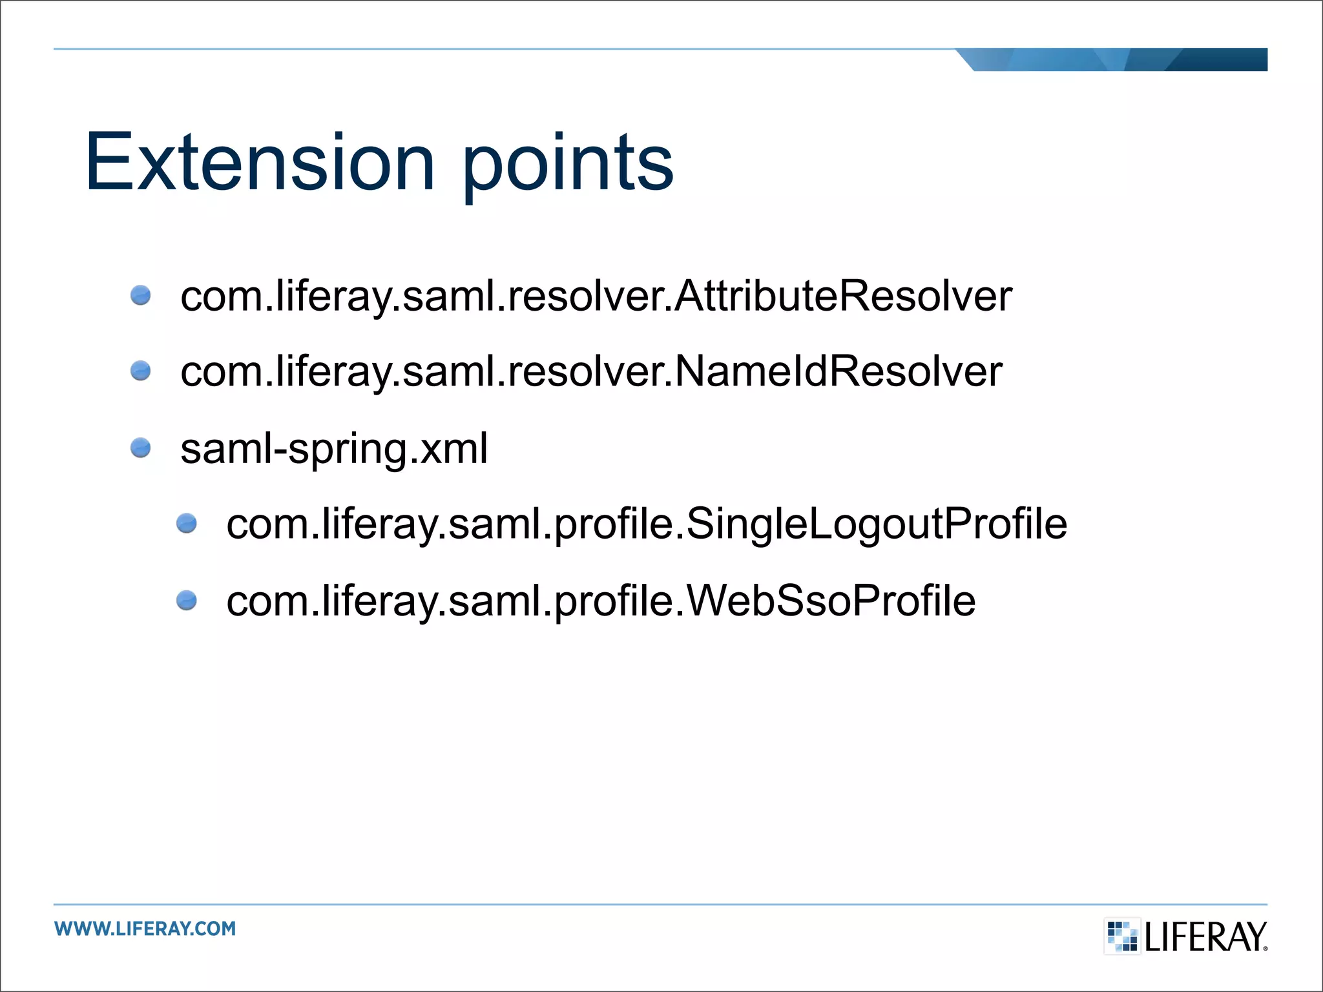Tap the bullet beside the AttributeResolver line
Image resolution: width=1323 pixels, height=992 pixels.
[x=140, y=296]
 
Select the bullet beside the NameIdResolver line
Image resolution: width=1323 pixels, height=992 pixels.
[x=140, y=371]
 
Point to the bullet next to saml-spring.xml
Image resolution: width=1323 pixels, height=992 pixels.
[x=140, y=448]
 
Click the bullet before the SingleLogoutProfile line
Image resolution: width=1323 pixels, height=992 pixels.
[x=187, y=523]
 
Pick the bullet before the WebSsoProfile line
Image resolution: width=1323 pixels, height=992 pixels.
[x=187, y=600]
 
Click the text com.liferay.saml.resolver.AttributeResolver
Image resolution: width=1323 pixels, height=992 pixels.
[x=596, y=296]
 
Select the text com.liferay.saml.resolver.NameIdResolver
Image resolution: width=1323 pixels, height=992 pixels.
[x=591, y=372]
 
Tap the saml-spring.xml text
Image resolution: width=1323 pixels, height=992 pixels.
[x=334, y=448]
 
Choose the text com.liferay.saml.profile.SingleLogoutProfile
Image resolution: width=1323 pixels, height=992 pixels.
[x=646, y=524]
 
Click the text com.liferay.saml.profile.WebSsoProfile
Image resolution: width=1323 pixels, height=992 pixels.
[x=601, y=601]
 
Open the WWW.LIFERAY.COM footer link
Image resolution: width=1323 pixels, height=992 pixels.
[x=145, y=929]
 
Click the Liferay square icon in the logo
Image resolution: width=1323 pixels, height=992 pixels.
[x=1122, y=936]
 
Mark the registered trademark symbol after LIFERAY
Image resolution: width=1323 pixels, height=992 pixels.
[x=1265, y=948]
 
